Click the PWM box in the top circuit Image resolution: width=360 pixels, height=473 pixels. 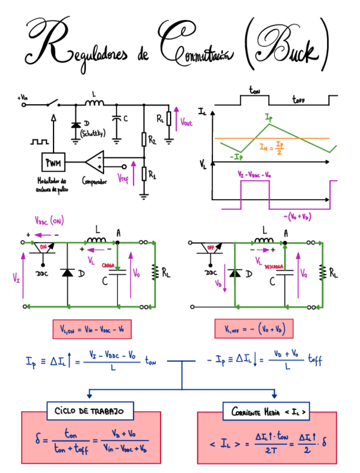pyautogui.click(x=54, y=162)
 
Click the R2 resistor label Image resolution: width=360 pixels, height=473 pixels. pyautogui.click(x=152, y=140)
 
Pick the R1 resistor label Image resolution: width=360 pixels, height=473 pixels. pyautogui.click(x=152, y=175)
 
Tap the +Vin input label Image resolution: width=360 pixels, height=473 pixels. pyautogui.click(x=23, y=97)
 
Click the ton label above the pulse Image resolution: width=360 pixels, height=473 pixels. pyautogui.click(x=255, y=90)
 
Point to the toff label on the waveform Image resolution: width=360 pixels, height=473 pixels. pyautogui.click(x=302, y=100)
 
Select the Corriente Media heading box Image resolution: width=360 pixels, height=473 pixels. pyautogui.click(x=267, y=412)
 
